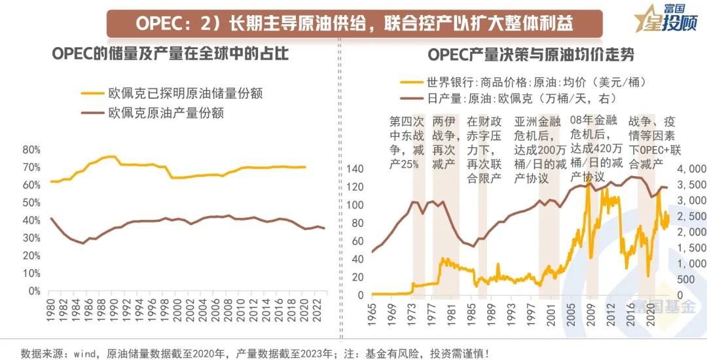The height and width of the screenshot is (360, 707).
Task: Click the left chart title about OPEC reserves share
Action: (x=170, y=54)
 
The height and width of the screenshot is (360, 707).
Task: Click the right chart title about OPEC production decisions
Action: (x=531, y=54)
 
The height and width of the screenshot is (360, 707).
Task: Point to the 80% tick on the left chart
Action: (x=31, y=149)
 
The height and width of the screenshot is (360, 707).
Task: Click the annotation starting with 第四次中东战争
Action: (x=407, y=143)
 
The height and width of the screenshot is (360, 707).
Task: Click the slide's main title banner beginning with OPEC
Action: (x=354, y=23)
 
